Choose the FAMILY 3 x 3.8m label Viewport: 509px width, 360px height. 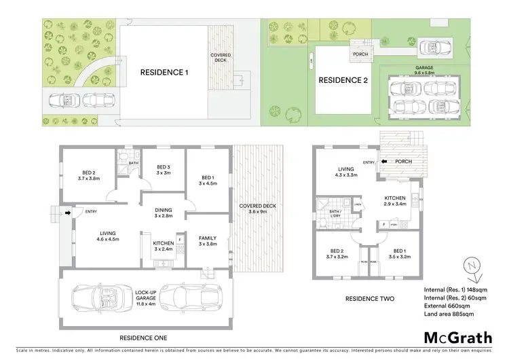pyautogui.click(x=208, y=242)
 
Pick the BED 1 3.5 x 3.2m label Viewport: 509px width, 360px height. pyautogui.click(x=399, y=255)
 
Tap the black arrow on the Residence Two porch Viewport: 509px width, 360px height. pyautogui.click(x=385, y=162)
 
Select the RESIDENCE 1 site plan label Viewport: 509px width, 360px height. pyautogui.click(x=165, y=72)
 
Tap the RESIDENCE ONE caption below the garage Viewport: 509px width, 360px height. pyautogui.click(x=143, y=338)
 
